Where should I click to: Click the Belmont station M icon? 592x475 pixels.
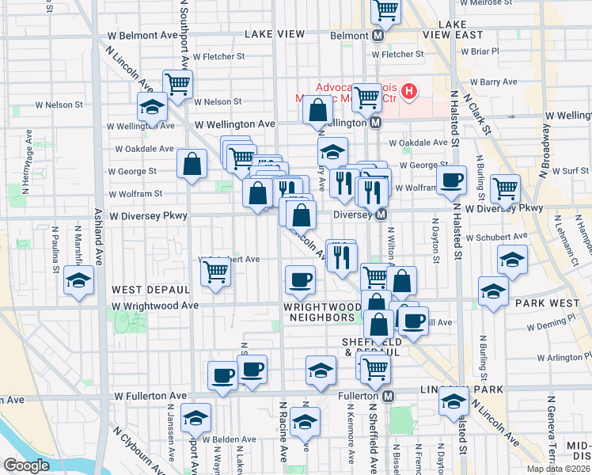(378, 36)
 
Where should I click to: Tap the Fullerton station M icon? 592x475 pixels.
(388, 396)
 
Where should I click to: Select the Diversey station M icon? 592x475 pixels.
(381, 215)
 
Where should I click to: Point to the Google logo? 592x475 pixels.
(26, 465)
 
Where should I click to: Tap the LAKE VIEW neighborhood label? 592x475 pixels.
(275, 34)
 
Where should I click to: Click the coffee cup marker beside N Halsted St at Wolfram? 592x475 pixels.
(452, 179)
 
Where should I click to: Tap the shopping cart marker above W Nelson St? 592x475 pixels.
(178, 82)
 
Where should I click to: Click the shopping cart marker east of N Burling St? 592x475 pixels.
(505, 188)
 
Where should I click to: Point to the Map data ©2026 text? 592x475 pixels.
(558, 469)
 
